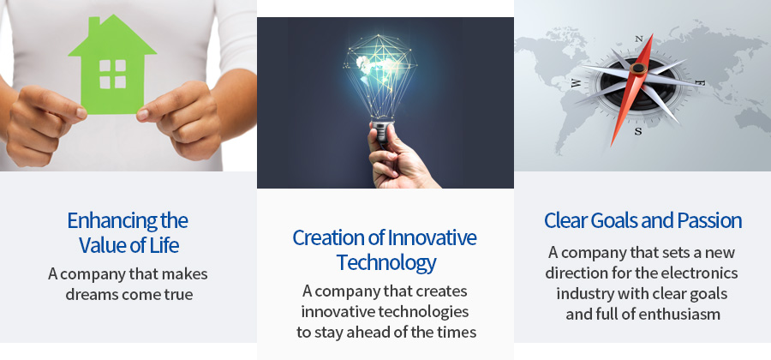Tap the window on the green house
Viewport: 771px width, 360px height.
pos(112,75)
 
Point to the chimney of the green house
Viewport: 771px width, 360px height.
pos(94,25)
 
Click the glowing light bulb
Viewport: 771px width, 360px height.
pos(380,79)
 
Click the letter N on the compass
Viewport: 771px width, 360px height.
pos(639,39)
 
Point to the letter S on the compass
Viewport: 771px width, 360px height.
pos(637,131)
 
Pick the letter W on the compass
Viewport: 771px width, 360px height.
pos(576,84)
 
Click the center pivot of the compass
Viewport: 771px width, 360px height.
pos(638,69)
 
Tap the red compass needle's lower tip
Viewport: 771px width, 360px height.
pos(612,146)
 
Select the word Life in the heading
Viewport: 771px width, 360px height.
pos(164,245)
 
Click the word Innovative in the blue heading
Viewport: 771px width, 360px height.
pos(432,237)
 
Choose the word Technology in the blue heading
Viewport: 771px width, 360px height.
pos(386,263)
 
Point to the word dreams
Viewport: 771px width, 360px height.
pos(92,295)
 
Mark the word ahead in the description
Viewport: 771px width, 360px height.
pos(376,332)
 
